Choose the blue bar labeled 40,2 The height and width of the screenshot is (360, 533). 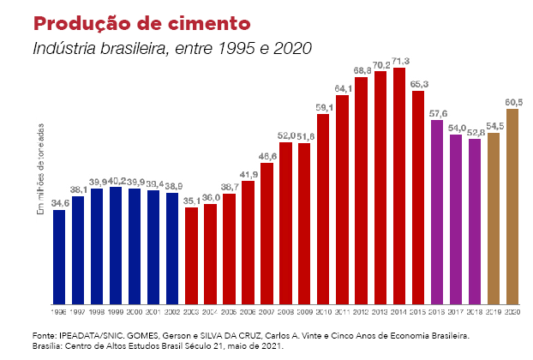(116, 245)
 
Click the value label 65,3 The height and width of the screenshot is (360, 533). (418, 85)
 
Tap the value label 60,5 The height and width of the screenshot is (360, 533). (513, 103)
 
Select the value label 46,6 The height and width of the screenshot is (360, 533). (267, 155)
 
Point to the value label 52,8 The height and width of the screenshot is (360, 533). (475, 132)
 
